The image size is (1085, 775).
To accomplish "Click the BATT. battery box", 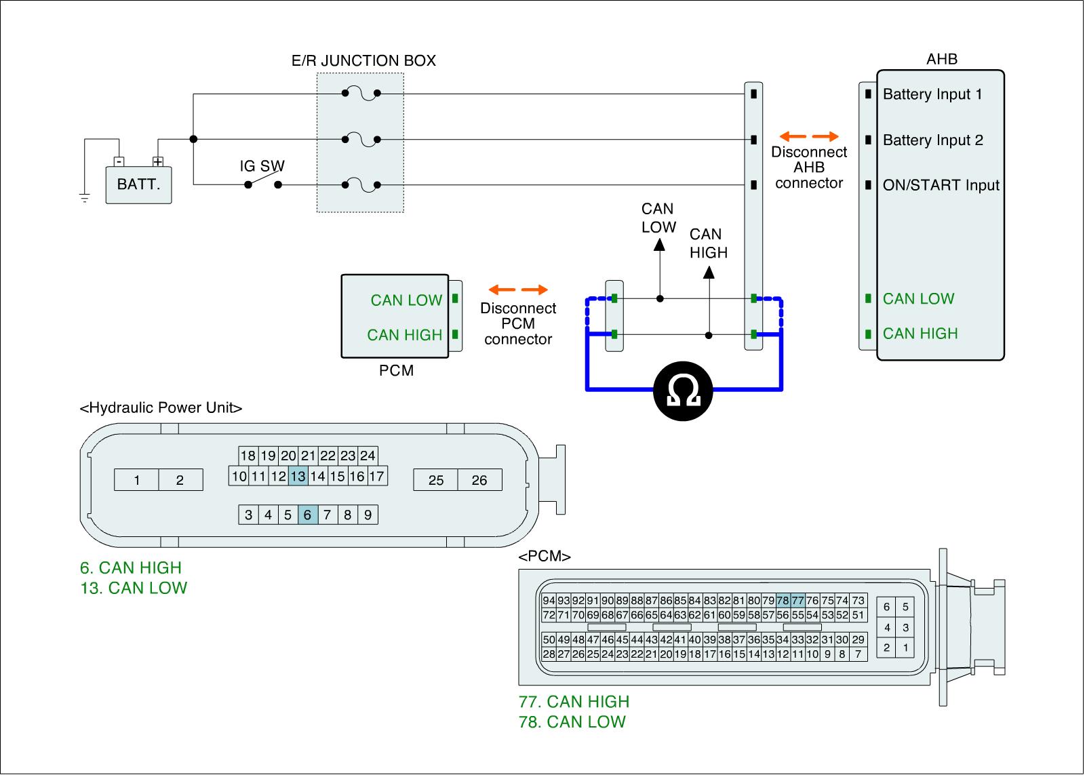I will (138, 184).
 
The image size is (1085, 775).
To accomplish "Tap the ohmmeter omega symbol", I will (683, 391).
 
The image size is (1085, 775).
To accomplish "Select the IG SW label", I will (262, 166).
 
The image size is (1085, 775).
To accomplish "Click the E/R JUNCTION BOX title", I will (363, 61).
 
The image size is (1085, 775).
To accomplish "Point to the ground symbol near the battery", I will (85, 198).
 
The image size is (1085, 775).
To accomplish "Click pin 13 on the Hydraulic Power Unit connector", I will (298, 476).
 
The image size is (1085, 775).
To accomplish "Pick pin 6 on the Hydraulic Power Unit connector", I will (307, 515).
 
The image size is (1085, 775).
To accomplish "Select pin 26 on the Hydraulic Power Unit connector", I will (479, 480).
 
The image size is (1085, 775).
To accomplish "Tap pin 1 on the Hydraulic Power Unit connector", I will (136, 480).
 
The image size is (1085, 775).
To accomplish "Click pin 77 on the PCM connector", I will (797, 601).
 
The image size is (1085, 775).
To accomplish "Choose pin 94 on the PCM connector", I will (549, 601).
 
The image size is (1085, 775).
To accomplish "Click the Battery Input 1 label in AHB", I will (932, 94).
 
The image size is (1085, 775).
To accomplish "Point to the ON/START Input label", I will (941, 185).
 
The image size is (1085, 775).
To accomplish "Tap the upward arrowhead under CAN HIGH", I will (709, 273).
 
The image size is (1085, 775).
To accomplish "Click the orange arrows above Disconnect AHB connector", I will (809, 136).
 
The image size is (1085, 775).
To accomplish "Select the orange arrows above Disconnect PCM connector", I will (518, 290).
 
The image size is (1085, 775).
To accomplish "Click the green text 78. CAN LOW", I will (572, 722).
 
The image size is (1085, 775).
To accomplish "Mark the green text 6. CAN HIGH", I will (131, 568).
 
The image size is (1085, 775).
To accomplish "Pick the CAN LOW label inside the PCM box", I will (406, 300).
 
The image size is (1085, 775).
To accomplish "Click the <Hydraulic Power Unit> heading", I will (161, 408).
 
